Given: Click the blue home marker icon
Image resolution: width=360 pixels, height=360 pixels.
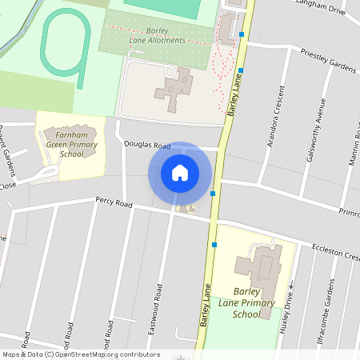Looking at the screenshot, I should click(x=180, y=173).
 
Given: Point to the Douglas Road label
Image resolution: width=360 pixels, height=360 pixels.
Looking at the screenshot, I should click(x=148, y=146).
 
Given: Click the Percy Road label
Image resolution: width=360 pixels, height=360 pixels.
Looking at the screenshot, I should click(x=113, y=203).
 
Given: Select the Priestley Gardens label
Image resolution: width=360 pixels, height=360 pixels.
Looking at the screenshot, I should click(x=327, y=61).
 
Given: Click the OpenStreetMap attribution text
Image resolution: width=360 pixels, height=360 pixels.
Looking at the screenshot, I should click(x=81, y=354).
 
